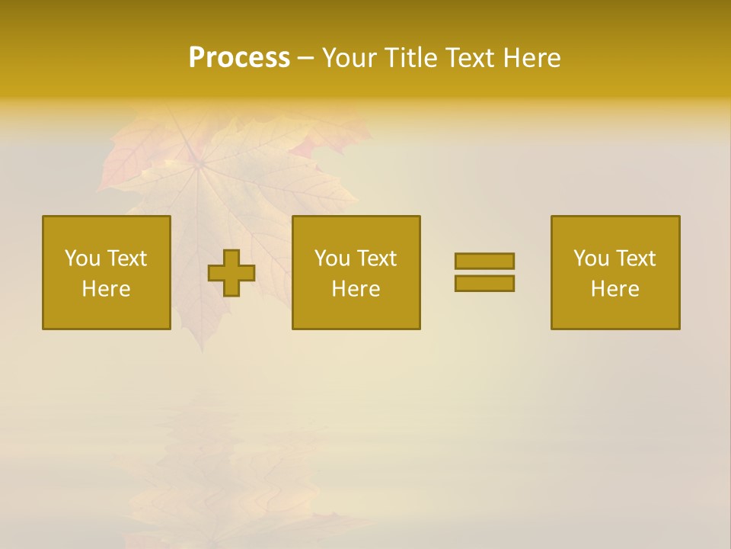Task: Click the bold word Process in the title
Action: tap(239, 58)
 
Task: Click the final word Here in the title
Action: tap(533, 58)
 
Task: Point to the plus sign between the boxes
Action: tap(231, 273)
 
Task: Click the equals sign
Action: tap(484, 272)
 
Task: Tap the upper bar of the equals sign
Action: tap(484, 262)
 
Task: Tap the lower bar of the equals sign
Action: tap(484, 283)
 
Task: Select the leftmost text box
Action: tap(107, 272)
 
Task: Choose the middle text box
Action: tap(356, 272)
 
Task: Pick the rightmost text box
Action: tap(615, 272)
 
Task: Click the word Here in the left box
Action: tap(107, 289)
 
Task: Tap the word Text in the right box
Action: tap(636, 258)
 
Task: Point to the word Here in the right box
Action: tap(615, 289)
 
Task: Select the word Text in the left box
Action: tap(126, 258)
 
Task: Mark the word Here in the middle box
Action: tap(356, 289)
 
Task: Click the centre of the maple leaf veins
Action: tap(200, 162)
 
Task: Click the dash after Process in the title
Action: tap(305, 59)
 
